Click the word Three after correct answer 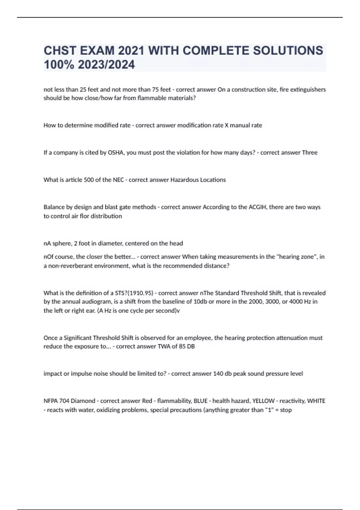click(x=310, y=152)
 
